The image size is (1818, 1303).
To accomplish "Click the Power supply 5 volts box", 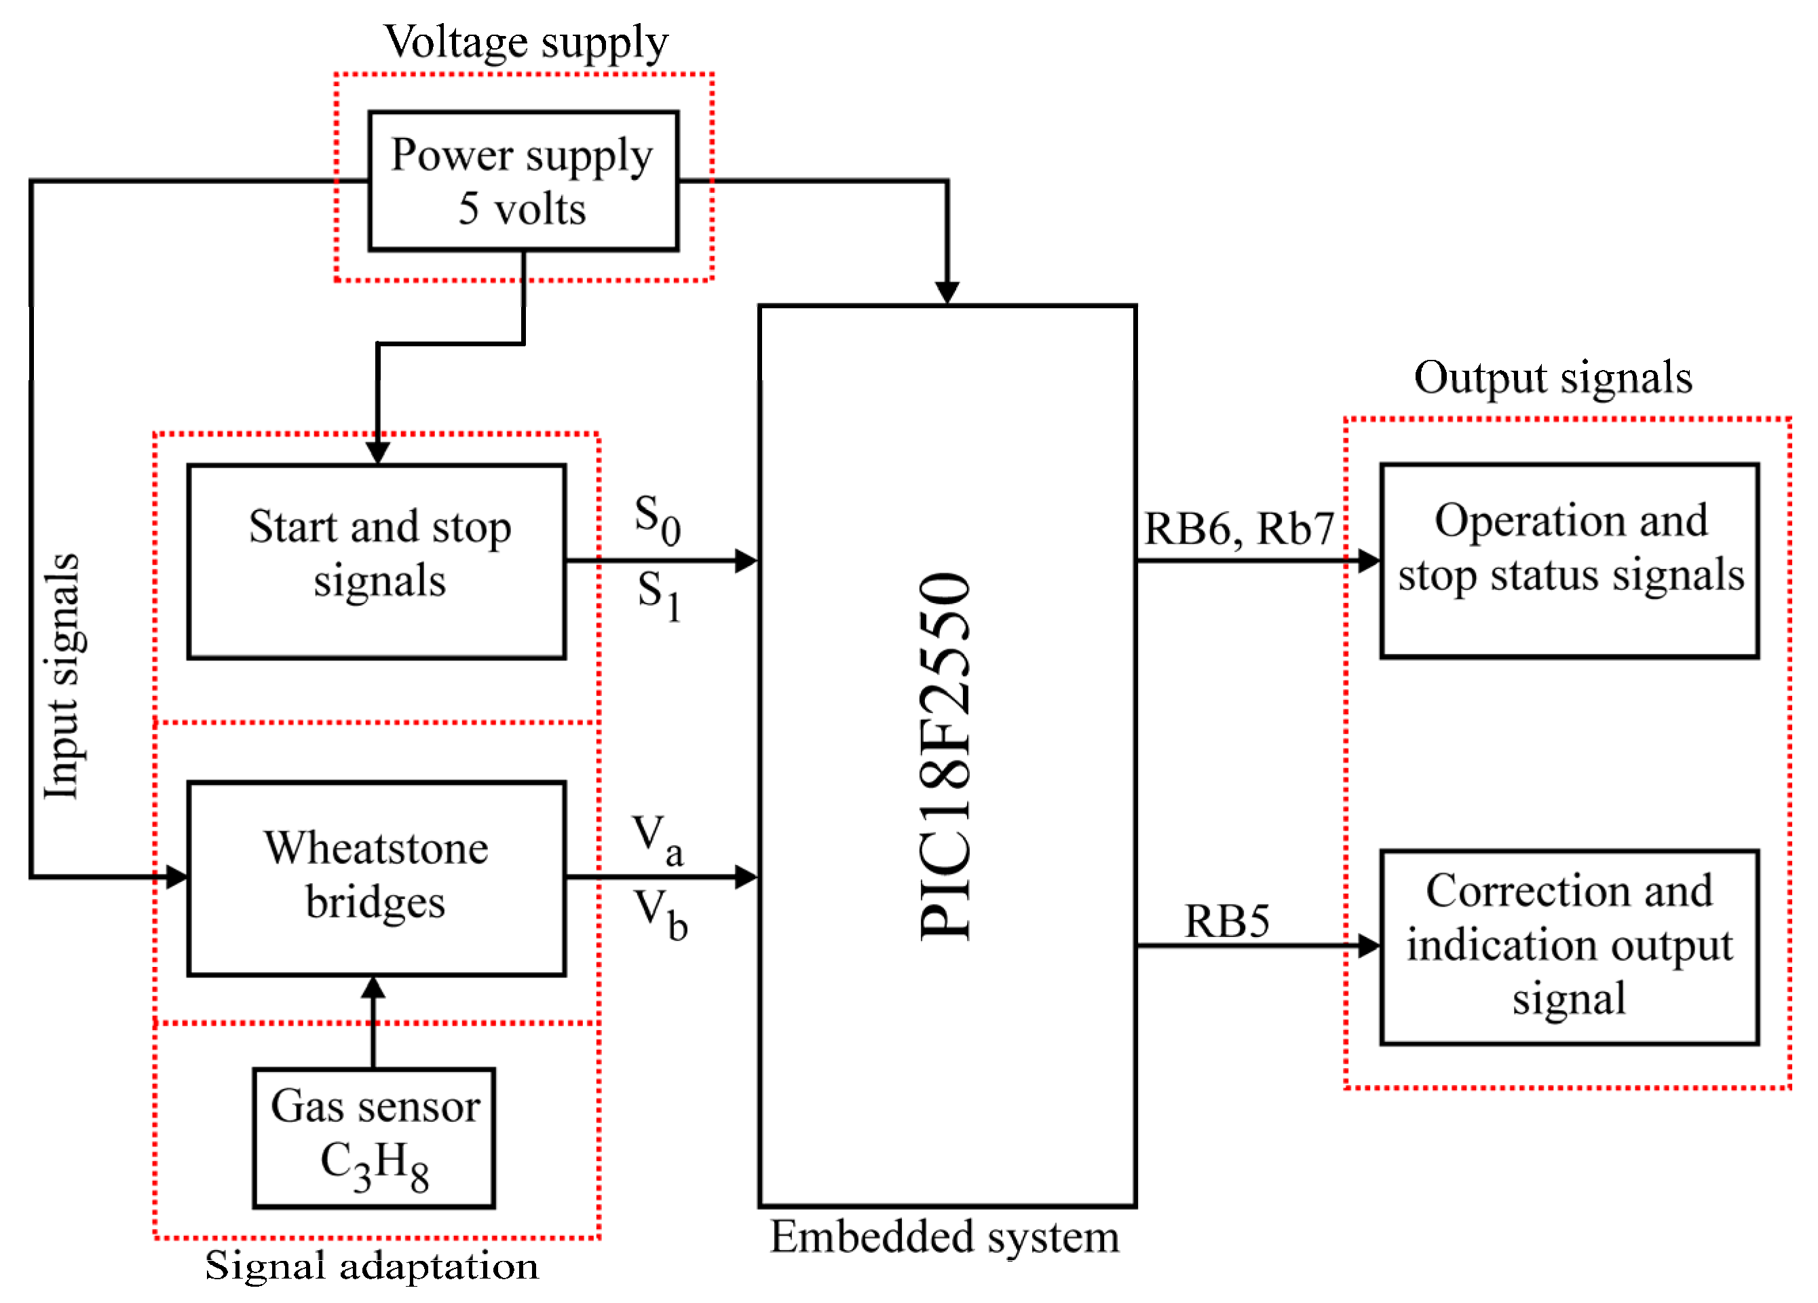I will click(x=523, y=181).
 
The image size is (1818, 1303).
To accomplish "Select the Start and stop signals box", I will click(x=377, y=562).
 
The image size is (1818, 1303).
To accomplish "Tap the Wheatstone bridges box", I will click(x=377, y=877).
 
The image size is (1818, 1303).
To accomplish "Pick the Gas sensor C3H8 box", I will click(x=375, y=1137).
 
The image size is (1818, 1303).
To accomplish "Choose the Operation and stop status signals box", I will click(x=1570, y=560).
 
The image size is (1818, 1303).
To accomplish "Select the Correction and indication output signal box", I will click(x=1570, y=946).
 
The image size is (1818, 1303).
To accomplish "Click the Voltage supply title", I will click(x=526, y=41).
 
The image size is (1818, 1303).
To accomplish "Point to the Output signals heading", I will click(x=1553, y=378).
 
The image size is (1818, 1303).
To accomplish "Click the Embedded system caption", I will click(x=944, y=1236).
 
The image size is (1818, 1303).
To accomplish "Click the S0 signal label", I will click(x=658, y=518).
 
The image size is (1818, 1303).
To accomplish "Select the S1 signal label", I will click(x=659, y=594).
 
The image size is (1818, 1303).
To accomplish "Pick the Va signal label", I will click(x=658, y=839).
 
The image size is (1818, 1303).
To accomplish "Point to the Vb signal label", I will click(x=660, y=914).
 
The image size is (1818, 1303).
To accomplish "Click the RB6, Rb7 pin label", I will click(x=1238, y=528).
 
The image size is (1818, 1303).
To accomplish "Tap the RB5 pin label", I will click(x=1227, y=921).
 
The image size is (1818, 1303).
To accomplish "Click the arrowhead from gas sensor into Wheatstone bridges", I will click(x=373, y=988).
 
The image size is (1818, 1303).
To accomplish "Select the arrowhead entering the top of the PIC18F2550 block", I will click(x=947, y=293).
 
